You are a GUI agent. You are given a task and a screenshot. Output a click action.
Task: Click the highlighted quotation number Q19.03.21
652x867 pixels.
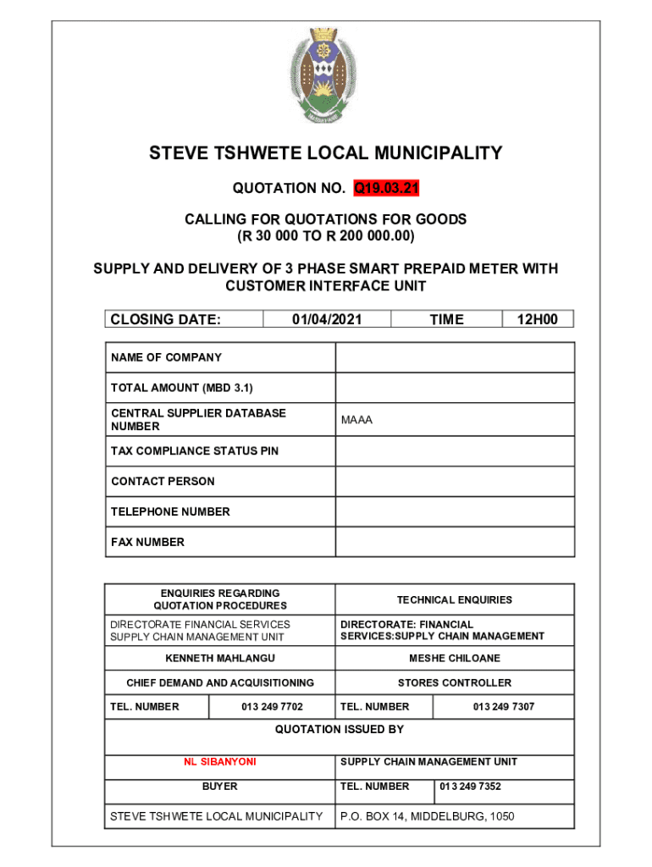point(387,186)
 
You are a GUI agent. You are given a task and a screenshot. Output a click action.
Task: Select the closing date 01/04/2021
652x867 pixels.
point(327,319)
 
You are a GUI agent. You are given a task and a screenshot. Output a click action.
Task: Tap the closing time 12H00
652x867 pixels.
point(538,319)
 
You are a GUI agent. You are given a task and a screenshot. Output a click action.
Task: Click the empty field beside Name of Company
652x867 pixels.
point(455,357)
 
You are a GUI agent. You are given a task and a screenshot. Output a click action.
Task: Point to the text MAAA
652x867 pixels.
point(356,420)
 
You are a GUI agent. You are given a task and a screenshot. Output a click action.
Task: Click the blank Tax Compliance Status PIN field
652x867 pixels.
point(455,450)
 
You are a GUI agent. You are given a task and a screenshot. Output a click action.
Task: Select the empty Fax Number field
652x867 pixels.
point(455,542)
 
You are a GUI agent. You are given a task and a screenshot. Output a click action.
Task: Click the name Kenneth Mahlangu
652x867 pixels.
point(220,658)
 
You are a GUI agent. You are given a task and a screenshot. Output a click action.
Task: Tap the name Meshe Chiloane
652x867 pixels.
point(455,658)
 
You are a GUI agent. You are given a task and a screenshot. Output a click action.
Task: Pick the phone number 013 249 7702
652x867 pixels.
point(272,706)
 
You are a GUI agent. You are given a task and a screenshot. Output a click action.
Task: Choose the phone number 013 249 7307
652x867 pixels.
point(504,706)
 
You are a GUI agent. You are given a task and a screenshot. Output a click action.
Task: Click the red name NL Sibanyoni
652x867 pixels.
point(220,762)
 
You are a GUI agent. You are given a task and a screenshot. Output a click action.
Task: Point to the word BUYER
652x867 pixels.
point(220,787)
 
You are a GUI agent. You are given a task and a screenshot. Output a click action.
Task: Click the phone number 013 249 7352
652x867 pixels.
point(471,787)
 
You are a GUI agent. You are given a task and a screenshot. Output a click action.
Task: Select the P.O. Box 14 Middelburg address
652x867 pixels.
point(427,816)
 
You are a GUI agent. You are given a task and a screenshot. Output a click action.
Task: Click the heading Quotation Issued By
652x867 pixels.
point(340,729)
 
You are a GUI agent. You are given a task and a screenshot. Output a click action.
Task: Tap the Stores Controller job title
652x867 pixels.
point(455,682)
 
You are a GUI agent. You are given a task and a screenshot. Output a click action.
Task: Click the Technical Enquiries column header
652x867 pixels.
point(455,599)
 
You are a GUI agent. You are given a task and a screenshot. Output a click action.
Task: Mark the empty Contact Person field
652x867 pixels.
point(455,481)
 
